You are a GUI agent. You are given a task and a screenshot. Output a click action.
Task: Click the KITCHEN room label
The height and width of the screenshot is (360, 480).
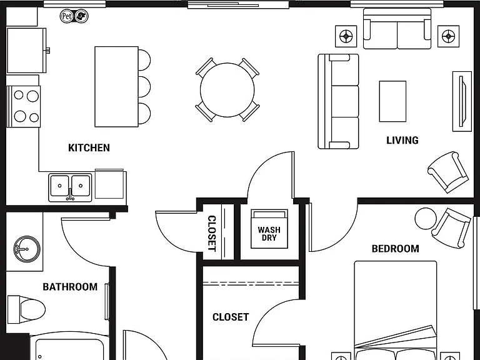pos(89,148)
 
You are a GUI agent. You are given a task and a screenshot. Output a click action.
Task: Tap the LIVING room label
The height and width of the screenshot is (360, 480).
pos(402,140)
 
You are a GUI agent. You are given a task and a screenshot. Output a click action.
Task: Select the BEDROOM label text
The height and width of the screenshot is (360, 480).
pos(395,249)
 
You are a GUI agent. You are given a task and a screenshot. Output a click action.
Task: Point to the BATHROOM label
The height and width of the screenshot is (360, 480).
pos(70,287)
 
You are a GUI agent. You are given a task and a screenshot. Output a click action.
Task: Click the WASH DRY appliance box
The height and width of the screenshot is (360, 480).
pos(269,229)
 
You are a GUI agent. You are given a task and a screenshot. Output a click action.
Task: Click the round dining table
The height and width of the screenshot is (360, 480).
pos(227,90)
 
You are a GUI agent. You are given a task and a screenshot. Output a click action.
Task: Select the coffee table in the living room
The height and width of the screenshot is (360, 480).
pos(392,101)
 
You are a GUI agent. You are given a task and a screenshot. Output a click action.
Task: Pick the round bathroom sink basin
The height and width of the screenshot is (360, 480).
pos(27,249)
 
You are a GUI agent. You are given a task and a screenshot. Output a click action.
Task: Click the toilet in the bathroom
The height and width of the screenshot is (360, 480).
pos(26,309)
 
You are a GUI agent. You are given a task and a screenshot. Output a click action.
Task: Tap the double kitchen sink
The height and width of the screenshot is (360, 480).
pos(70,187)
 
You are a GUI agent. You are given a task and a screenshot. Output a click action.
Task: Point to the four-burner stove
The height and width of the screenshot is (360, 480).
pos(23,106)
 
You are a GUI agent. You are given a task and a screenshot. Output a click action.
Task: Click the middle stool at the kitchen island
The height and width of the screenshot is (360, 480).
pos(144,87)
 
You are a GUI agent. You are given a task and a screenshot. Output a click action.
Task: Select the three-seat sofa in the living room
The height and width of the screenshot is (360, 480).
pos(338,101)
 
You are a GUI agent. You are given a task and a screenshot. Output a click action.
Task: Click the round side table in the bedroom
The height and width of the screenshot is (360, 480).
pos(426,218)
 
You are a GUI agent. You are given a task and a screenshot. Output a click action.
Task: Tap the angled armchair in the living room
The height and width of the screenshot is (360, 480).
pos(448,172)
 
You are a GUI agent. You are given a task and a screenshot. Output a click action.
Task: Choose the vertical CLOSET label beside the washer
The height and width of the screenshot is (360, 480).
pos(212,233)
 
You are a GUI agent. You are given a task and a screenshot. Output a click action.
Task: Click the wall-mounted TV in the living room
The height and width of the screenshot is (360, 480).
pos(462,101)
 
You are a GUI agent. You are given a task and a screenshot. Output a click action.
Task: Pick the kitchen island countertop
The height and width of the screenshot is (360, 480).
pos(117,87)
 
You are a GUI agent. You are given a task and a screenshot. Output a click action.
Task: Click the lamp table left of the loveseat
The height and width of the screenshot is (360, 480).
pos(346,36)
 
